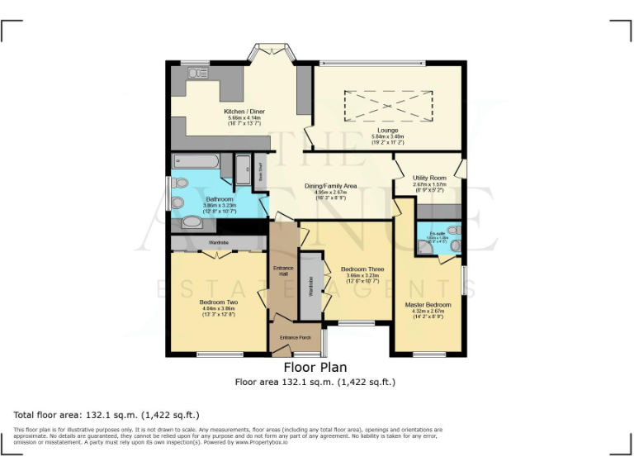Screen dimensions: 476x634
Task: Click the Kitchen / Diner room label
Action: (x=244, y=112)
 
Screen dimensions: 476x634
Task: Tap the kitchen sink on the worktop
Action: (x=197, y=74)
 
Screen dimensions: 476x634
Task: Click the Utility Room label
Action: (x=428, y=178)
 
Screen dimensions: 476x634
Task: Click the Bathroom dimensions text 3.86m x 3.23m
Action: (x=220, y=206)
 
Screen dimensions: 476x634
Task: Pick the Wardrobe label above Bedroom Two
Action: (x=218, y=242)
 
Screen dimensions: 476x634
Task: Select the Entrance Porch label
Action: (x=295, y=338)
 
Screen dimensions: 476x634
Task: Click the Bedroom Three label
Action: (x=363, y=269)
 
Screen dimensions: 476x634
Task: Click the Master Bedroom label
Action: (x=428, y=305)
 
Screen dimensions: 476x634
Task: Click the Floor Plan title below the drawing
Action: (x=315, y=367)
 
